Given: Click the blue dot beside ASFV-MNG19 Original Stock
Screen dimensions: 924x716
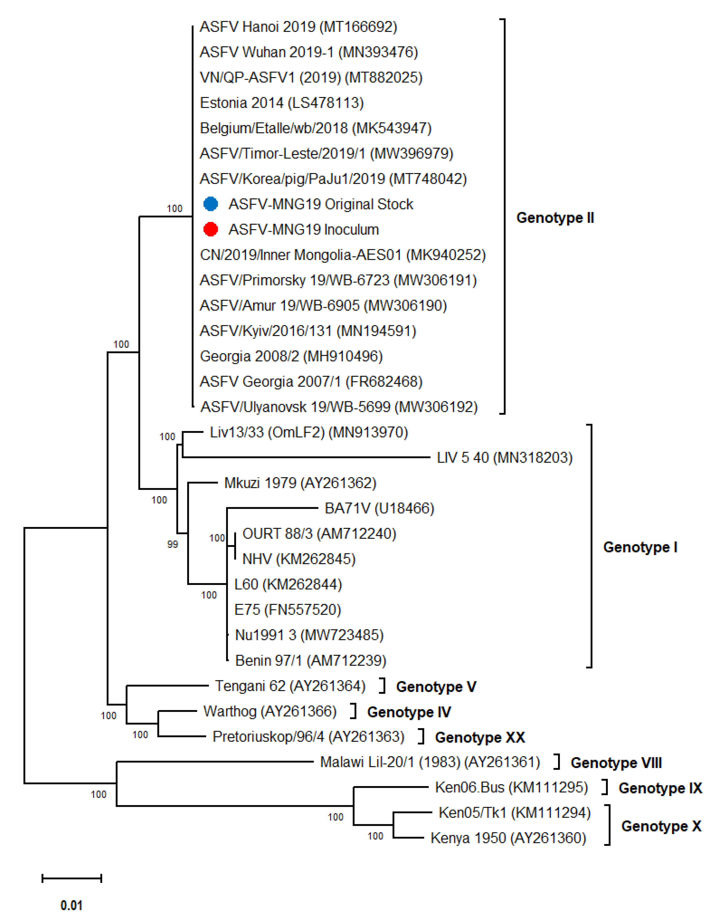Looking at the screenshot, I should pos(211,204).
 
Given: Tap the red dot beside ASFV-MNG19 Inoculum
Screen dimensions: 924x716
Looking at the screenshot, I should pos(211,229).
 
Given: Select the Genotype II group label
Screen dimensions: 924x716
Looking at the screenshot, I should pos(555,218).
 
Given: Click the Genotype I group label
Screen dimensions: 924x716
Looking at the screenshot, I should pos(640,547).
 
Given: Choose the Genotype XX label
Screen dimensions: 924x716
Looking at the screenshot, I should pos(480,737).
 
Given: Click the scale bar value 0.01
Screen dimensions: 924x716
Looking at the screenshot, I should pos(72,905).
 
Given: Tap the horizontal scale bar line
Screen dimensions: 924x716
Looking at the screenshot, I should pos(72,878).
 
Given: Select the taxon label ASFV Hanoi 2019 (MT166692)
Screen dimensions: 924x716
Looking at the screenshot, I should pos(298,27).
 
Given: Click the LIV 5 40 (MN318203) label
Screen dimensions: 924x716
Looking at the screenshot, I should pos(504,457).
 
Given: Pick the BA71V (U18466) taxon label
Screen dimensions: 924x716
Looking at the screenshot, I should pos(379,508).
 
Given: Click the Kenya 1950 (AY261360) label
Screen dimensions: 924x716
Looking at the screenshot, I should pos(508,838).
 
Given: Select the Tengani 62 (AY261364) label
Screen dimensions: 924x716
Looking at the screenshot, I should pos(290,686).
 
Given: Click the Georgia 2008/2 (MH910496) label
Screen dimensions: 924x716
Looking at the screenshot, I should pos(291,356).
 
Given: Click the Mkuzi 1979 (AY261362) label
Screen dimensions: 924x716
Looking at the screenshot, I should pos(300,483).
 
